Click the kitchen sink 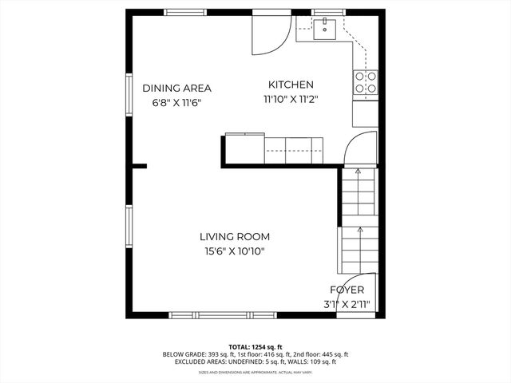(324, 30)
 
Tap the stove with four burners (365, 82)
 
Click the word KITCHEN (291, 85)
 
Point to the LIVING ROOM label (234, 236)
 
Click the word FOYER (347, 290)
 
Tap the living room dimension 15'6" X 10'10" (234, 251)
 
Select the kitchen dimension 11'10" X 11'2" (291, 100)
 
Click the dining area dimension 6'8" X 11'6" (172, 103)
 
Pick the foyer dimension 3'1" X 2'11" (347, 304)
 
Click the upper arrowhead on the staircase (358, 172)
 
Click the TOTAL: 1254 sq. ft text (255, 346)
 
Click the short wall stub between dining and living (139, 166)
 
